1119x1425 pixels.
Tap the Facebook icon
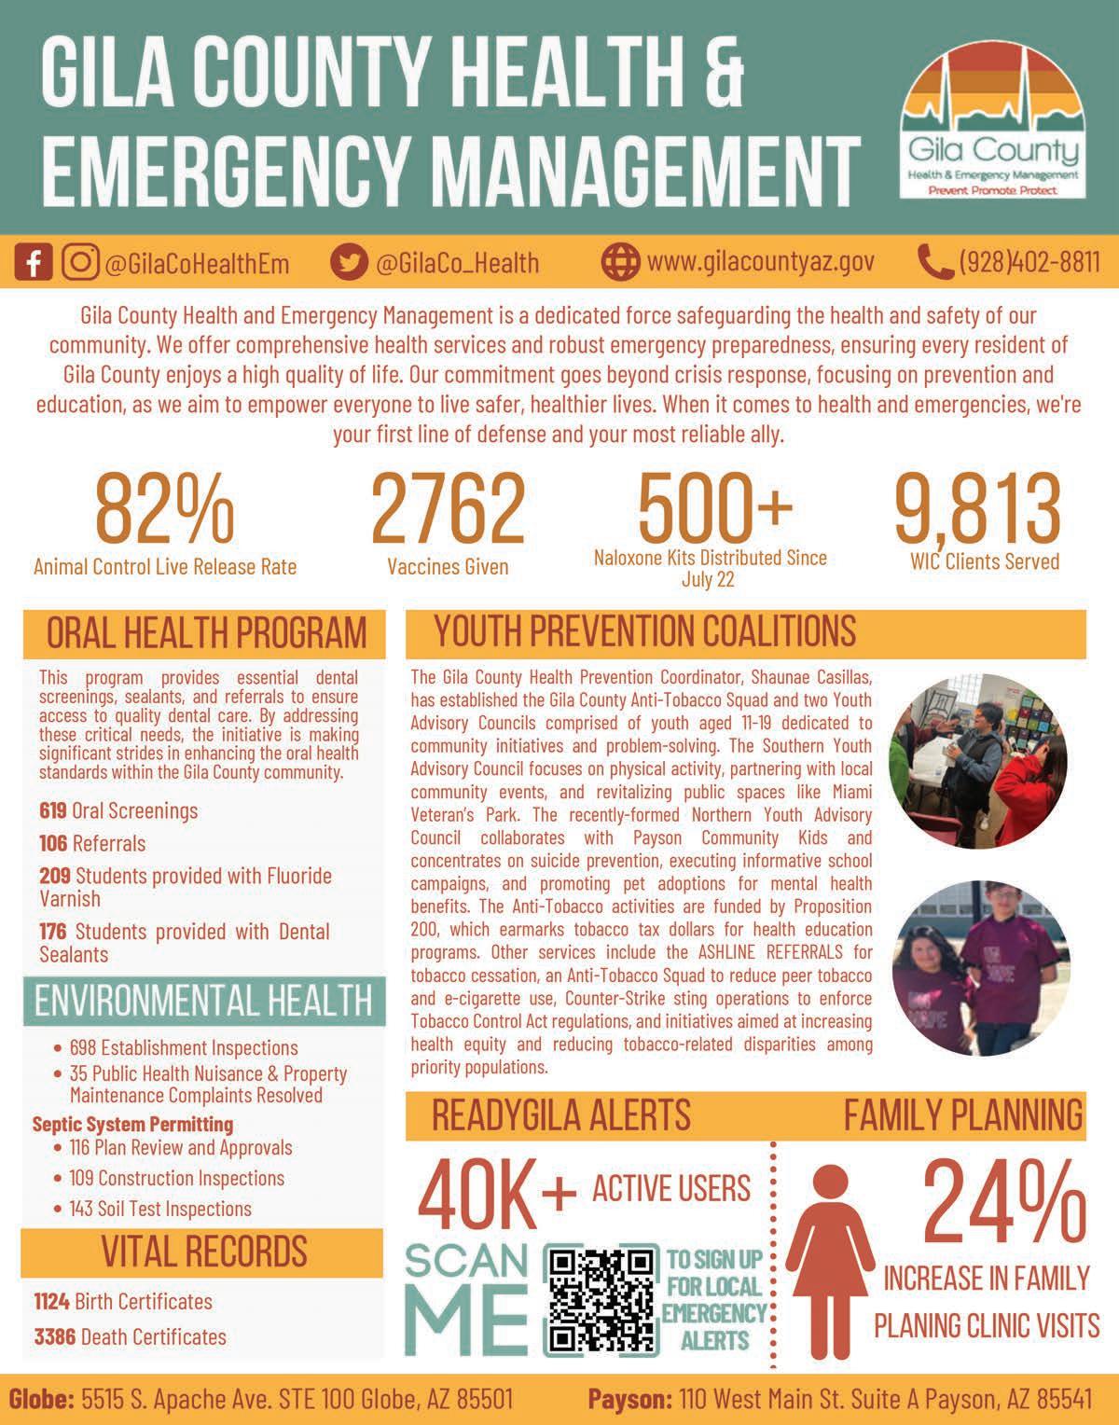tap(35, 263)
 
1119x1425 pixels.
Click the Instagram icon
tap(81, 263)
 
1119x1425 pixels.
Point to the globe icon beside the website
tap(620, 262)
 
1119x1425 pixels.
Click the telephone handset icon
tap(933, 262)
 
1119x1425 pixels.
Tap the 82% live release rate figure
tap(164, 509)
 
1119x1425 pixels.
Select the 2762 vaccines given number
tap(448, 509)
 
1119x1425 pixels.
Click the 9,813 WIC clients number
tap(978, 509)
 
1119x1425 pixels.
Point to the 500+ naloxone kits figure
tap(715, 505)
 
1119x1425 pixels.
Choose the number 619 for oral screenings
tap(53, 810)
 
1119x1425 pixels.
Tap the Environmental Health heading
tap(203, 1001)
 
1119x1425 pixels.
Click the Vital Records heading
tap(203, 1252)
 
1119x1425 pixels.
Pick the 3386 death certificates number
tap(55, 1336)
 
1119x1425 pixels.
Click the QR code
tap(601, 1300)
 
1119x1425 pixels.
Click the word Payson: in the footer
tap(629, 1400)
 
